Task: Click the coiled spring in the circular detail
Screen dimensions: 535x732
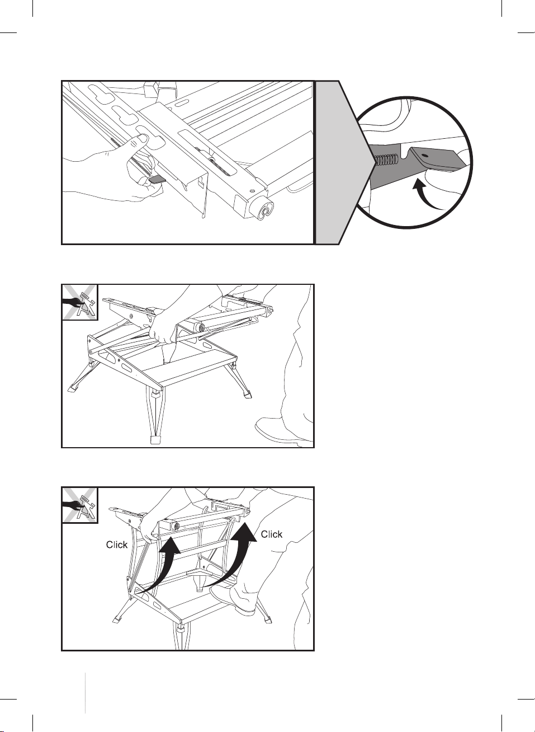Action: click(x=387, y=160)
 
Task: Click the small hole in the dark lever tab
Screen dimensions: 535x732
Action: click(x=425, y=156)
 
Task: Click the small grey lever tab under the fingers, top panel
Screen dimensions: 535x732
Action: click(x=157, y=179)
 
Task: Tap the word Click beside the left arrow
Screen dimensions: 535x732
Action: click(x=117, y=545)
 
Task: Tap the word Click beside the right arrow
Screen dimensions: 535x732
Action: click(x=272, y=534)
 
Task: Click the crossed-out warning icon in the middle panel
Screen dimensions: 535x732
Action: click(x=79, y=302)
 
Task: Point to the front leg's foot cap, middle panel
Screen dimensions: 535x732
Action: click(x=156, y=439)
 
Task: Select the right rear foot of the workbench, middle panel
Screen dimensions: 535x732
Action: click(x=248, y=394)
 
